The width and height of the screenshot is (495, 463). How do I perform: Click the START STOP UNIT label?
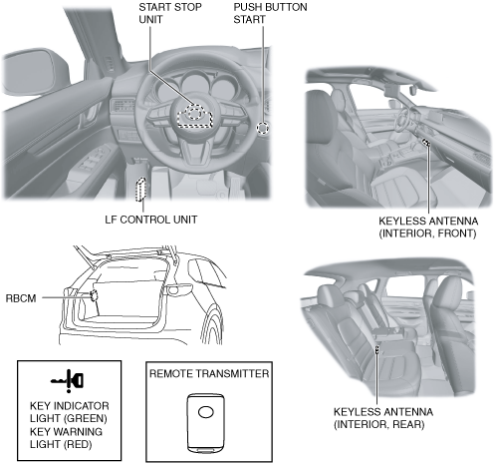tap(170, 13)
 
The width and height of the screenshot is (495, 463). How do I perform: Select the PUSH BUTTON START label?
tap(270, 13)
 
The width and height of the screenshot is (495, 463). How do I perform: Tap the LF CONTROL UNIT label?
tap(151, 220)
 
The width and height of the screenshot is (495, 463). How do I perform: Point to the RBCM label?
tap(21, 298)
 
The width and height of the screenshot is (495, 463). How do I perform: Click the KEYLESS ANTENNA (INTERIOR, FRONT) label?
tap(428, 228)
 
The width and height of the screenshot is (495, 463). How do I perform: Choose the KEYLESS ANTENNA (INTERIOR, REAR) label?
tap(383, 418)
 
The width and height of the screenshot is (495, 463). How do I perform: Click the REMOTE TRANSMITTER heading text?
tap(209, 373)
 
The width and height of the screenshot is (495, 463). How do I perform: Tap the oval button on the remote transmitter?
tap(206, 412)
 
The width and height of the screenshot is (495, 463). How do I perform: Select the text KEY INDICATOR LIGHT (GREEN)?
tap(69, 412)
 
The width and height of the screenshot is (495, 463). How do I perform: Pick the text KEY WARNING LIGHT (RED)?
tap(66, 438)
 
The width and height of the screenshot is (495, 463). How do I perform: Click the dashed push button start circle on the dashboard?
tap(263, 128)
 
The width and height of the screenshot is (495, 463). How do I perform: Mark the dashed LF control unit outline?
tap(140, 190)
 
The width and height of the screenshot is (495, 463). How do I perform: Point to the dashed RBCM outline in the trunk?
tap(94, 295)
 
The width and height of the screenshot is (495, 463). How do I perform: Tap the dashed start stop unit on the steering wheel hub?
tap(194, 116)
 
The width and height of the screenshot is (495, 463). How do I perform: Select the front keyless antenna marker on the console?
tap(425, 143)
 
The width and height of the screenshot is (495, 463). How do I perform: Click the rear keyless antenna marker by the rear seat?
tap(377, 350)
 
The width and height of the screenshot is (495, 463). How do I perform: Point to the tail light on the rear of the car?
tap(179, 290)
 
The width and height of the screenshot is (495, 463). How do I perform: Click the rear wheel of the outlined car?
tap(212, 326)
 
